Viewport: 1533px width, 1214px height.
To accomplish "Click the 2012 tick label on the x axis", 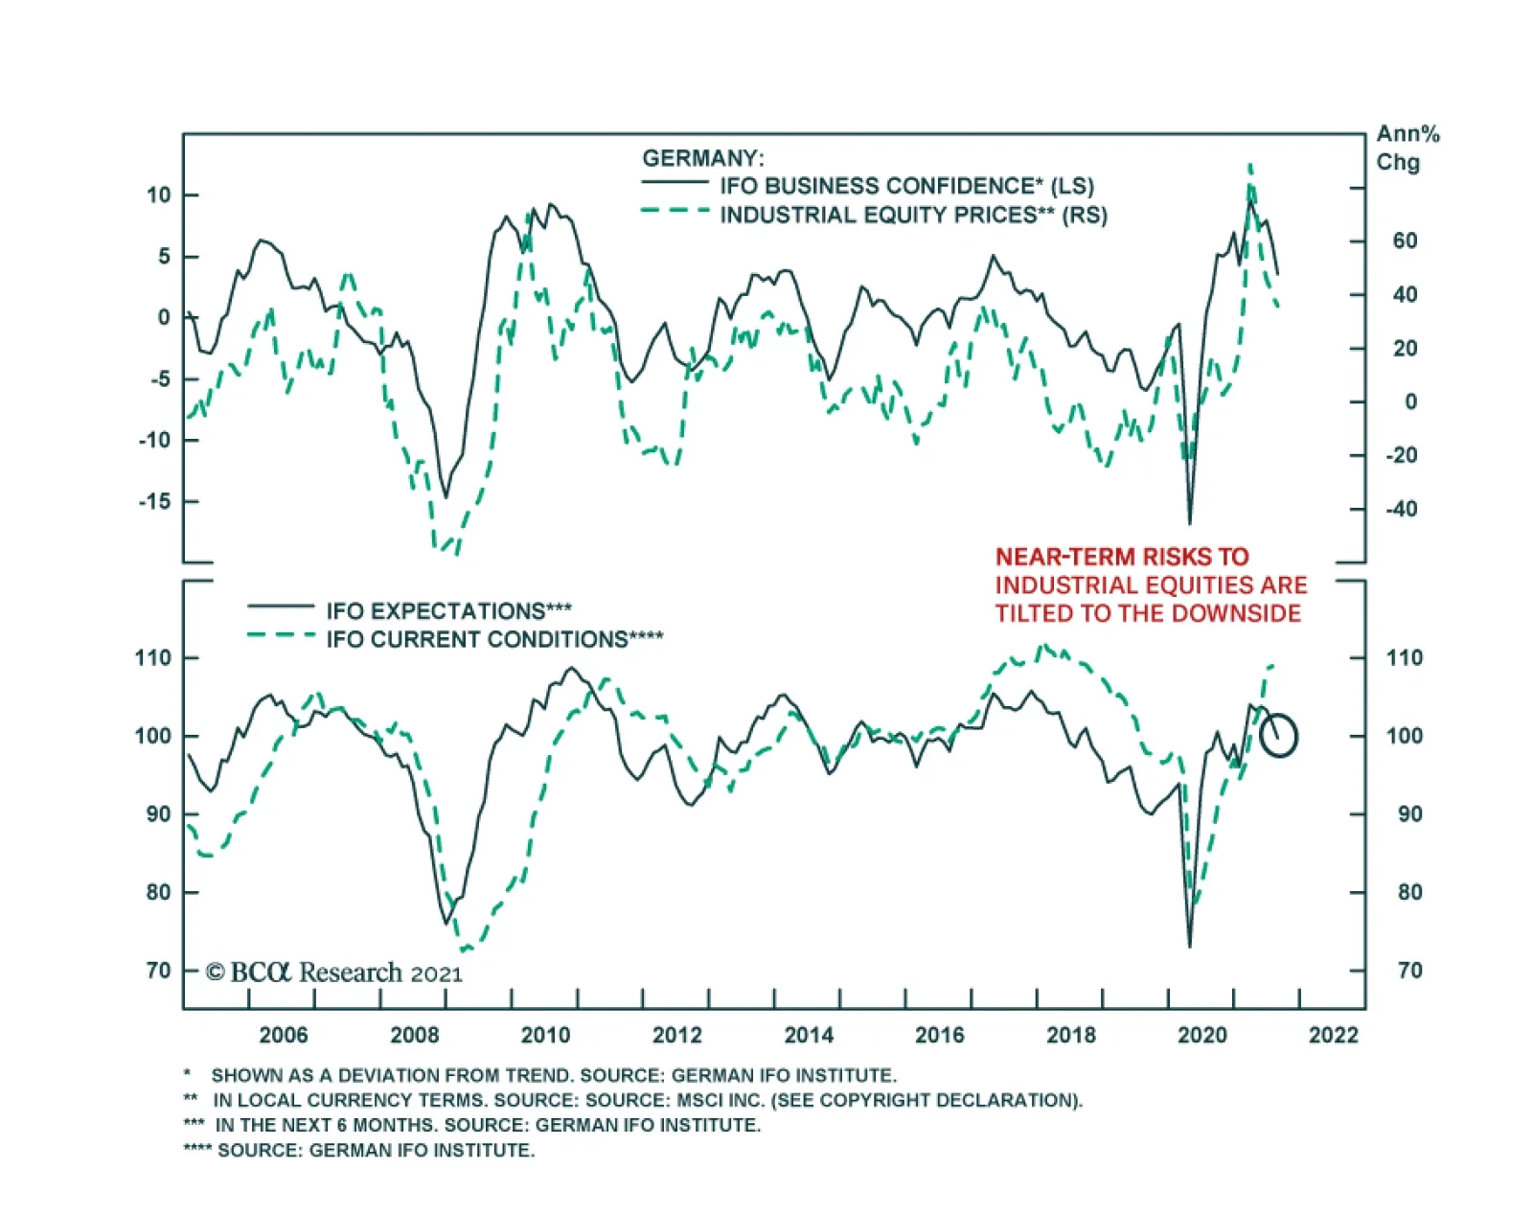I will [x=676, y=1035].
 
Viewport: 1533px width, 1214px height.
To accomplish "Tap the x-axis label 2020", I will [x=1201, y=1035].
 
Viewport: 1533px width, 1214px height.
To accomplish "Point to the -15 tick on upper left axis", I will [x=153, y=501].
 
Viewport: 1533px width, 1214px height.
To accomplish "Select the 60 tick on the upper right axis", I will [x=1405, y=241].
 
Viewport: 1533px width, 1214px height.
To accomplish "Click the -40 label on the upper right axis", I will [x=1401, y=509].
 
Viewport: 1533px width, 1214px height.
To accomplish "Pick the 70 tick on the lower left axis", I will [x=159, y=971].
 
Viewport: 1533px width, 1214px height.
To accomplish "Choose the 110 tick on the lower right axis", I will [x=1405, y=658].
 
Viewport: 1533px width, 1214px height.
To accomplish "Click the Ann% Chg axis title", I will [x=1407, y=148].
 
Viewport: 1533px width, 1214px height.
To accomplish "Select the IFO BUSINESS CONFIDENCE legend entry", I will [x=905, y=186].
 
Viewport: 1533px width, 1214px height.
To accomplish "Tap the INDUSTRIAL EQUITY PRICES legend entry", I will [x=912, y=215].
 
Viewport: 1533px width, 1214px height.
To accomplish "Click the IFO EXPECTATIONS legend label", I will [x=448, y=610].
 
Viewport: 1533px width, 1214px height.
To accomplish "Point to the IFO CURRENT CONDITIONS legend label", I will [x=493, y=639].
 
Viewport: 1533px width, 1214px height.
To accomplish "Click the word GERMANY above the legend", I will [x=702, y=158].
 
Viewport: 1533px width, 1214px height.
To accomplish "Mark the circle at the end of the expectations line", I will [x=1278, y=736].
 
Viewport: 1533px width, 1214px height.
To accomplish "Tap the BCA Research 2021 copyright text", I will [x=334, y=973].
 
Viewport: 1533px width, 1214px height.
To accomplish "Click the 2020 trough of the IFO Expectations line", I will [x=1190, y=945].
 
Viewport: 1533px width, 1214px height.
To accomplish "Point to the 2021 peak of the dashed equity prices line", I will [x=1250, y=166].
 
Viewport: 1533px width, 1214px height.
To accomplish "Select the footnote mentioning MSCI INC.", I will [x=632, y=1100].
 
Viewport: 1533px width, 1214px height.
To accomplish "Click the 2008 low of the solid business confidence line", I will [x=445, y=496].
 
